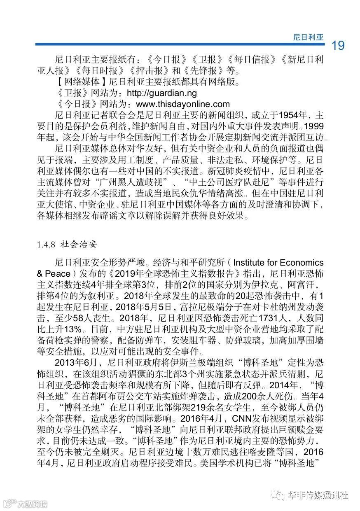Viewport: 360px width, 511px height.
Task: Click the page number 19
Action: (338, 46)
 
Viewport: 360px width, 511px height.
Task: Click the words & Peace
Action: (54, 274)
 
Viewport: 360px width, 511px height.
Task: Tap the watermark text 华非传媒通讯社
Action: (318, 495)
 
